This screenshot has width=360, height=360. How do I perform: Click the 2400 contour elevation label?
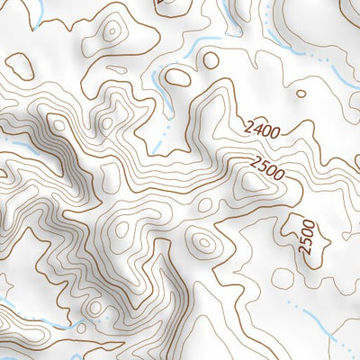tap(261, 130)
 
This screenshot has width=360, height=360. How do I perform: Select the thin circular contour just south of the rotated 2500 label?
tap(283, 276)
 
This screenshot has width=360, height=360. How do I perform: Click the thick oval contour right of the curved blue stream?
tap(178, 77)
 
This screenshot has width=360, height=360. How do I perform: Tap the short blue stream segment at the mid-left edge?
tap(7, 141)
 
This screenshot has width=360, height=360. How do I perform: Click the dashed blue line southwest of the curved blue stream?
tap(160, 135)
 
